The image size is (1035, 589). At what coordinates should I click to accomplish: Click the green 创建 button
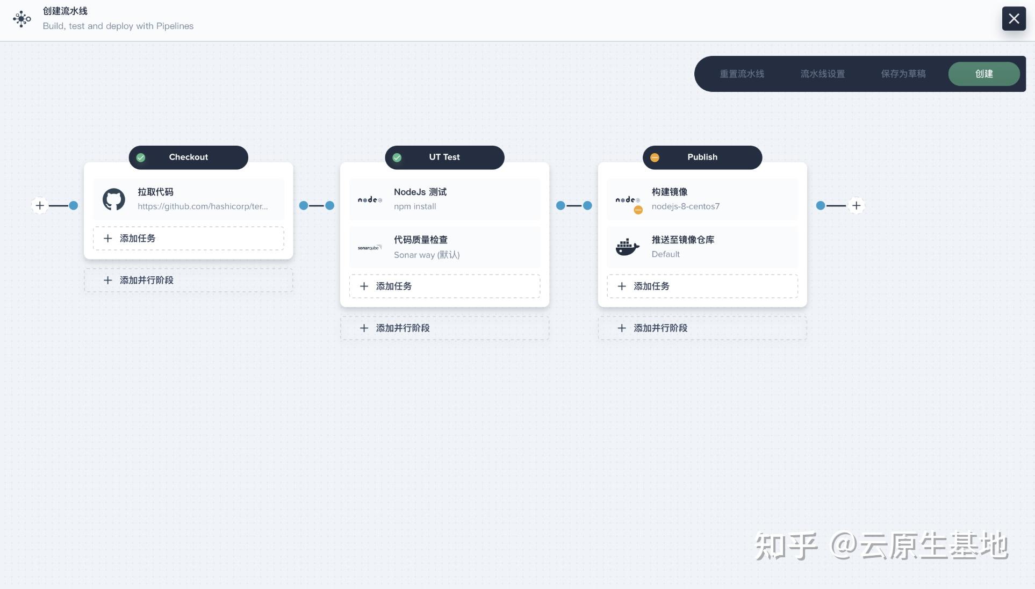(x=984, y=74)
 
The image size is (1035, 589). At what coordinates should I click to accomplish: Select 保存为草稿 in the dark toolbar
(x=903, y=74)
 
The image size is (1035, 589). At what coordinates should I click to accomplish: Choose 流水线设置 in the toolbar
(x=822, y=74)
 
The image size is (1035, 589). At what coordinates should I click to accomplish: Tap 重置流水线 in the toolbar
(x=742, y=74)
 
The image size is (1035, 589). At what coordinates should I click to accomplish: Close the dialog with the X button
(x=1014, y=19)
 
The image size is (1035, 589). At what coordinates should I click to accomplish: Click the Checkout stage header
(x=188, y=157)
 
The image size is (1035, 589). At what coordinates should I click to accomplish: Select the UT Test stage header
(x=444, y=157)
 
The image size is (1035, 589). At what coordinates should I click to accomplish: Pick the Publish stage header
(x=702, y=157)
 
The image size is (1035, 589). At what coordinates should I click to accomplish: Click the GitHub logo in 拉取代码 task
(x=114, y=199)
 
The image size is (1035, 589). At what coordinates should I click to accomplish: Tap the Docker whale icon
(x=627, y=247)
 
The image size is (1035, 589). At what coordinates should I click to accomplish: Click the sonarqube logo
(x=370, y=248)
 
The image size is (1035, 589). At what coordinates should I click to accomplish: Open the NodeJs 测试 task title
(x=420, y=192)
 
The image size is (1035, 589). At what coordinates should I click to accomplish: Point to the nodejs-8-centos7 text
(x=686, y=206)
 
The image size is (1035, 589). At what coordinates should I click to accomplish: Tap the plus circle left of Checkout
(x=40, y=205)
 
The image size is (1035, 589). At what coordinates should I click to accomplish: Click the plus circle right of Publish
(x=856, y=205)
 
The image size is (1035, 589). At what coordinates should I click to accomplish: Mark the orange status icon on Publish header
(x=655, y=157)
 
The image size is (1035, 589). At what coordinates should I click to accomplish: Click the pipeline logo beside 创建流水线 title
(x=21, y=19)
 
